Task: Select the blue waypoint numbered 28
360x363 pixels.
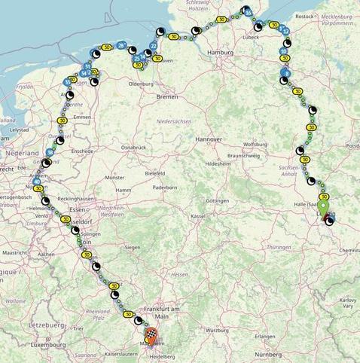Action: [x=121, y=46]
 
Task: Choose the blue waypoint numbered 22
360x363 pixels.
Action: [x=154, y=46]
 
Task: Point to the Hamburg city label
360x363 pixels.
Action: [x=218, y=53]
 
